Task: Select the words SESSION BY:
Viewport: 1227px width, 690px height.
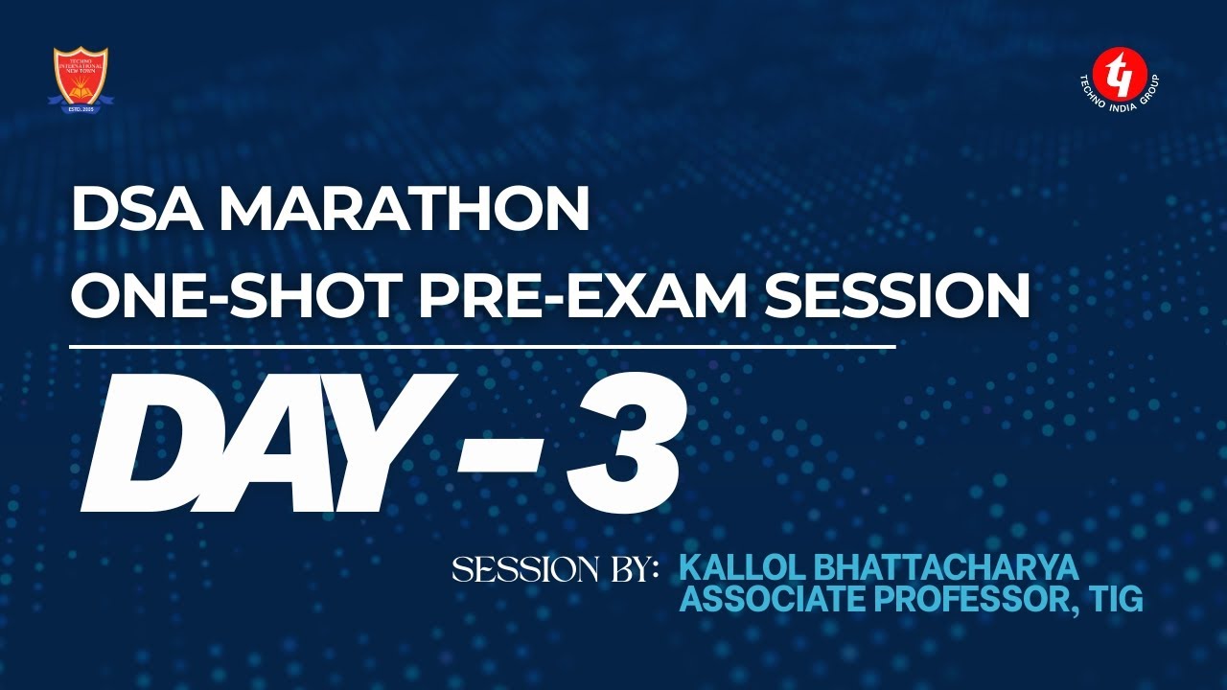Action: click(555, 570)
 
